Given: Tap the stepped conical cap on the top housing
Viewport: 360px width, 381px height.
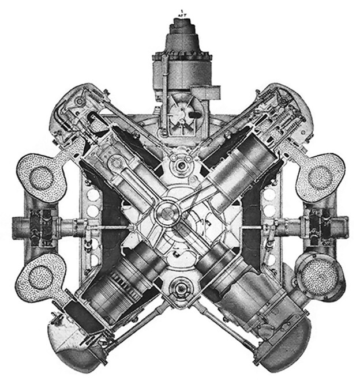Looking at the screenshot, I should point(179,32).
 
